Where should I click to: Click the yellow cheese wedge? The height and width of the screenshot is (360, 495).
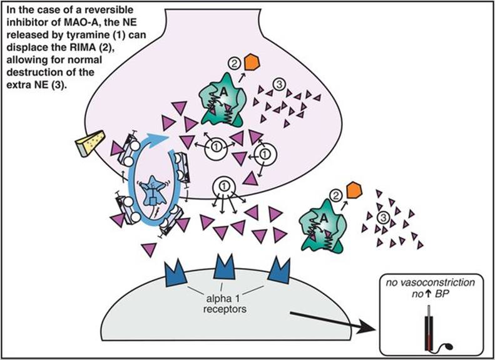click(x=86, y=145)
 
